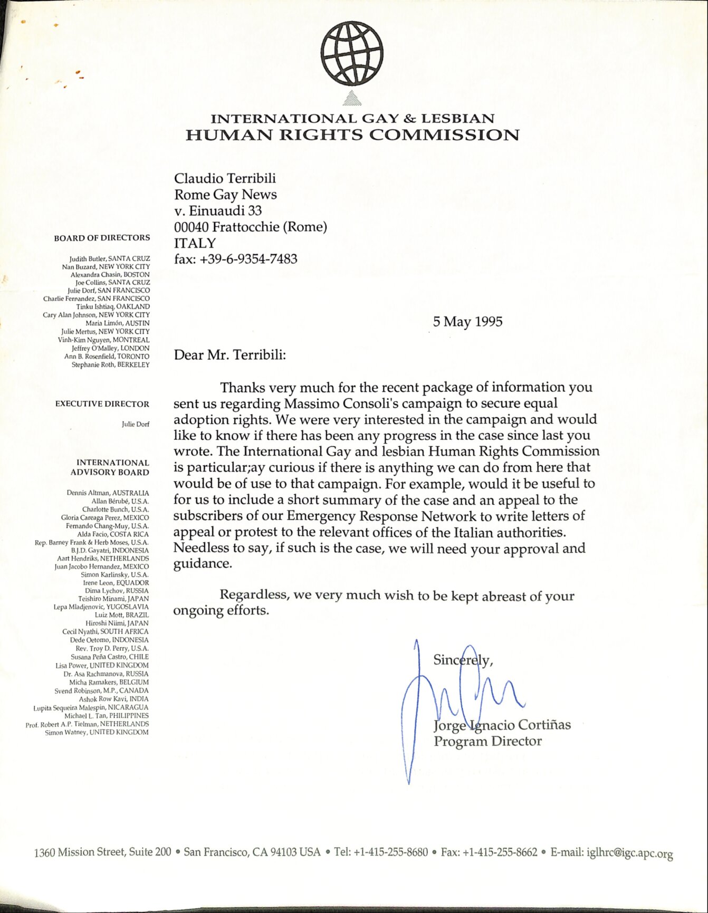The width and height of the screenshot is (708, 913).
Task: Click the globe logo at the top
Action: coord(352,53)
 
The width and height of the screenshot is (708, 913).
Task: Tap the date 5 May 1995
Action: coord(467,322)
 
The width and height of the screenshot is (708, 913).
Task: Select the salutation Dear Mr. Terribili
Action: coord(230,355)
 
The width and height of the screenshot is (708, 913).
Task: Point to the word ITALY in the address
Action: coord(195,243)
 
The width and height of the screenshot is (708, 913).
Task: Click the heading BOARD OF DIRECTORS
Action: coord(102,238)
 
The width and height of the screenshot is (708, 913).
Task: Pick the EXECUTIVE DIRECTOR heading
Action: coord(102,404)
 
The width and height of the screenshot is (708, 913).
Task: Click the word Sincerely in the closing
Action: coord(462,660)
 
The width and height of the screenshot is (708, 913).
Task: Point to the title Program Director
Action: coord(487,742)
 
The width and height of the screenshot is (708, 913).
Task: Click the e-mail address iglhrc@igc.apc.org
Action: coord(629,853)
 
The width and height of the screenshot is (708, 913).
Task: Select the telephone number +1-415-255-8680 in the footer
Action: coord(390,852)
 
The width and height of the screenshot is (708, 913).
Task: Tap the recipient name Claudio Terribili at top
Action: coord(225,178)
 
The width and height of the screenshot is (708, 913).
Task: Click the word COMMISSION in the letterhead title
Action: coord(444,136)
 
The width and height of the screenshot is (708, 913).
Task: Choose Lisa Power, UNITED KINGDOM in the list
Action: coord(102,665)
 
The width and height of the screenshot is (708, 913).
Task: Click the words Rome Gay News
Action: coord(225,195)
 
